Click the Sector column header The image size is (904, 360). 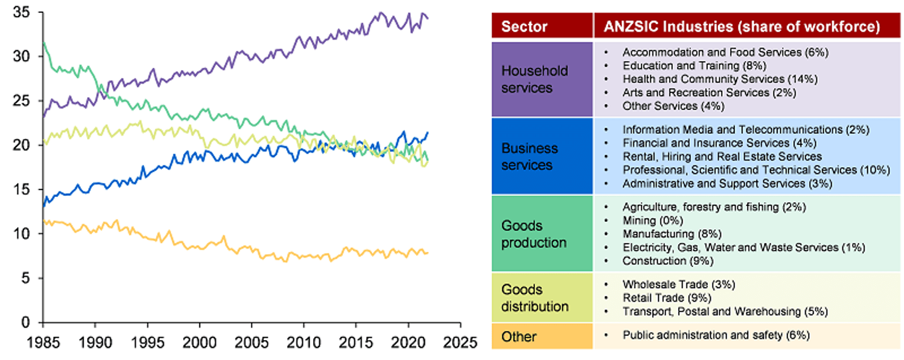(x=524, y=26)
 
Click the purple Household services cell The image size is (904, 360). (x=534, y=79)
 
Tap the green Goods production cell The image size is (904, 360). (x=534, y=234)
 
